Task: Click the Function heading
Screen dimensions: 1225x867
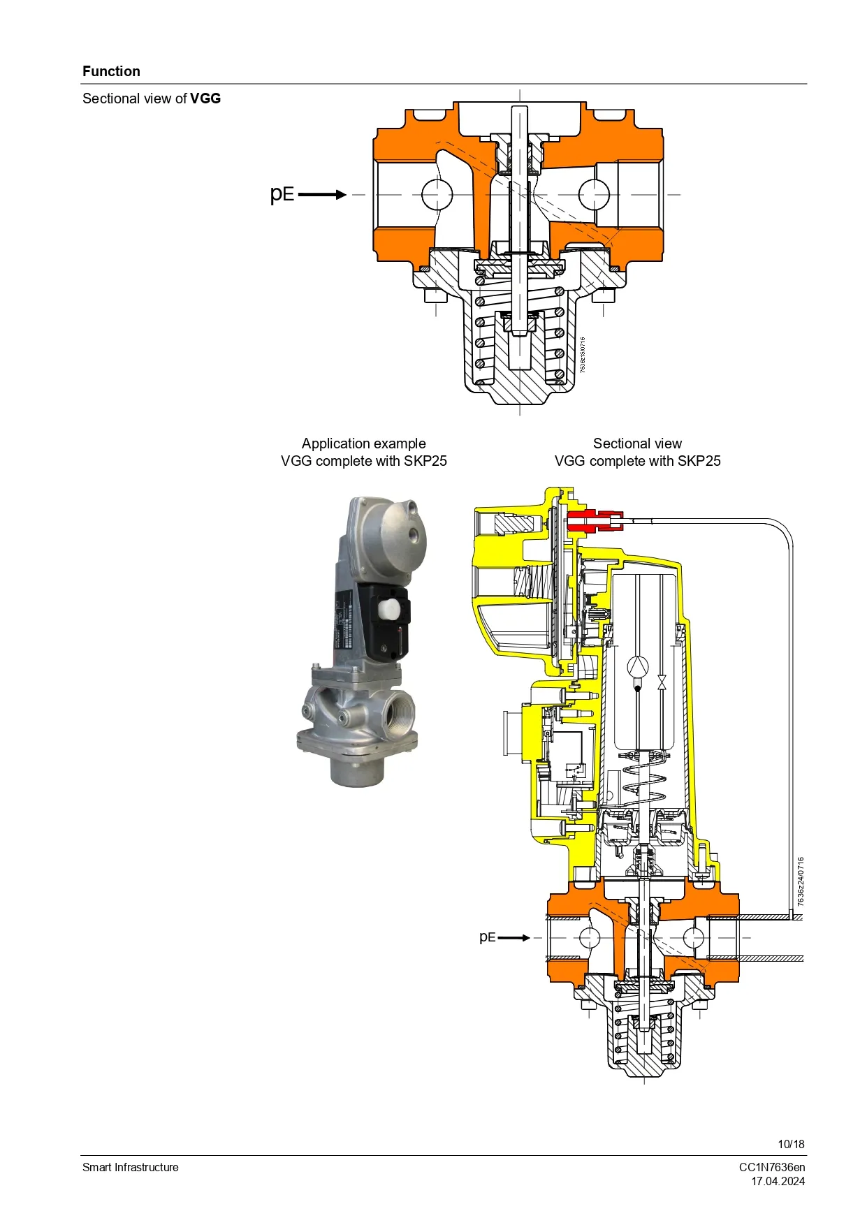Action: (111, 71)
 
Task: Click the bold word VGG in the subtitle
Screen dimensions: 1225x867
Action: (205, 98)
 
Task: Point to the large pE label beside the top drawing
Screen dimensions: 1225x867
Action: (282, 193)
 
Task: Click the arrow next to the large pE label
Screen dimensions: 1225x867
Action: (323, 194)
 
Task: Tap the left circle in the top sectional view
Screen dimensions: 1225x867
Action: (437, 194)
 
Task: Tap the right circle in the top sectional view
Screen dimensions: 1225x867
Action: (594, 194)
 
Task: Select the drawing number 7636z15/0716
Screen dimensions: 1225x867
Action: (583, 355)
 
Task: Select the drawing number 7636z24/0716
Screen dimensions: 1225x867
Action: (801, 881)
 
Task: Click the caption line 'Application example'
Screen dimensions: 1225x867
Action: (363, 443)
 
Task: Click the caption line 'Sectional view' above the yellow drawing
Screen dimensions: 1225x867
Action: (637, 443)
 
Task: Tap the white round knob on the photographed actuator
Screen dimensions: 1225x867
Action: (388, 608)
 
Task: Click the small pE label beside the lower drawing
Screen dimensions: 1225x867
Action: (487, 937)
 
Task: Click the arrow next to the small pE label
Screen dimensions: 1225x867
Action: (514, 937)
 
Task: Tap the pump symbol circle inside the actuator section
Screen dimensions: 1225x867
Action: (638, 667)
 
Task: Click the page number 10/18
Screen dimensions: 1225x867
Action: (791, 1144)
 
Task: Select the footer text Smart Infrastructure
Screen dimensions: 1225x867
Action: (131, 1167)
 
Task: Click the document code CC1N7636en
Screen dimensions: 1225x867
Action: (772, 1167)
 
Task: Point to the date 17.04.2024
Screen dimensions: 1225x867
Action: (778, 1181)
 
